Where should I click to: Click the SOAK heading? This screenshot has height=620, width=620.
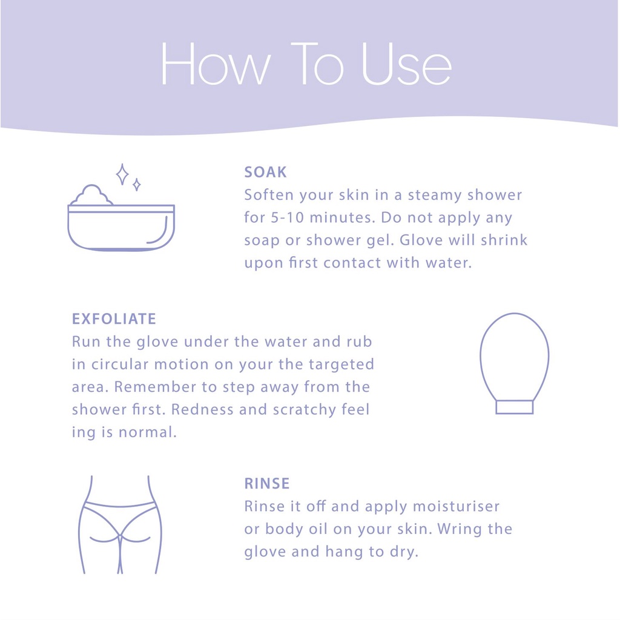click(265, 172)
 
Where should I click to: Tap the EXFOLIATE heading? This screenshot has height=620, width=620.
click(114, 318)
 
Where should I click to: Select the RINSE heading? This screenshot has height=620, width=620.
click(267, 483)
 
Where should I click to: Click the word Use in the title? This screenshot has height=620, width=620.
click(406, 64)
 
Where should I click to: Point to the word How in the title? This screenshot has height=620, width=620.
click(216, 64)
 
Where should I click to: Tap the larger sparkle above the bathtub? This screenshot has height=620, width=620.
click(122, 174)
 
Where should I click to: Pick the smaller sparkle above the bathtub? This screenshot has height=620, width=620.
click(137, 184)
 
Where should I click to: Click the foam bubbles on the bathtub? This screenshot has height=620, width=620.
click(92, 195)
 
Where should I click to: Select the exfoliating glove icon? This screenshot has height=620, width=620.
click(515, 363)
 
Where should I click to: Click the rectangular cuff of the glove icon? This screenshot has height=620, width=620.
click(515, 407)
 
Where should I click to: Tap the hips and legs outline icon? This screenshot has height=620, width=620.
click(120, 524)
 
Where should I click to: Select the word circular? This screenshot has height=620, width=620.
click(120, 364)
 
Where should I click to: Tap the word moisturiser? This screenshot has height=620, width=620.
click(457, 506)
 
